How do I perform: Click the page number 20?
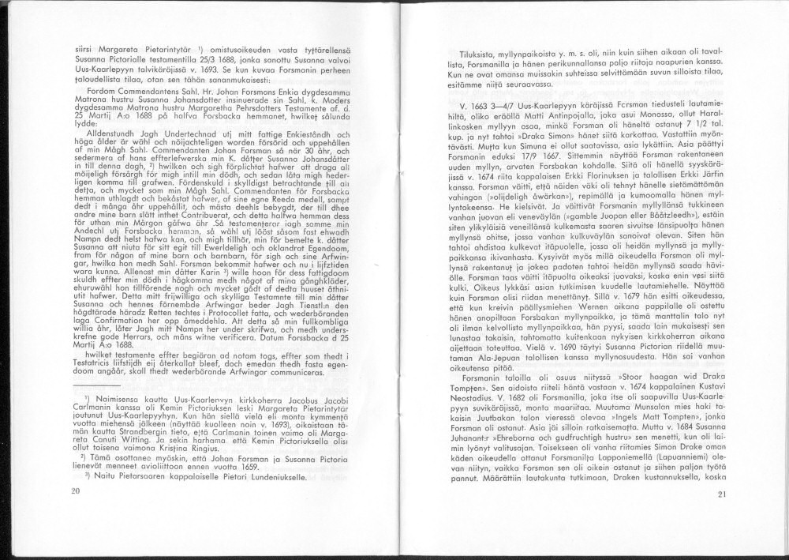tap(76, 491)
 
